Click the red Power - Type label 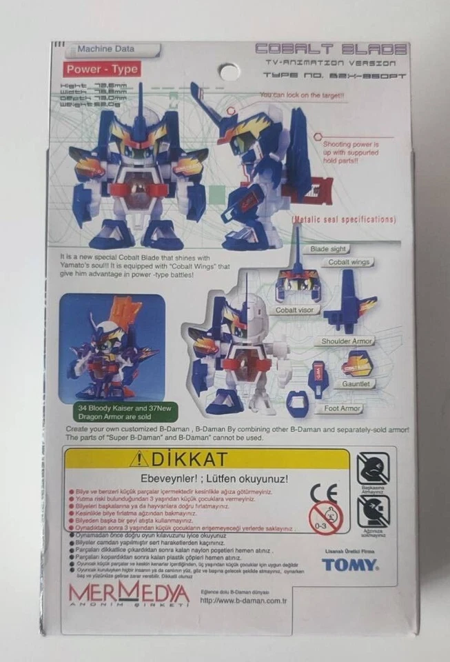coord(103,69)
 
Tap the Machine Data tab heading coord(106,50)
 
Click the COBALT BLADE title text coord(331,49)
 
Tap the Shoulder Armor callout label coord(347,341)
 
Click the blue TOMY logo coord(349,565)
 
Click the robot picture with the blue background coord(112,348)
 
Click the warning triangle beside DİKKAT coord(139,458)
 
